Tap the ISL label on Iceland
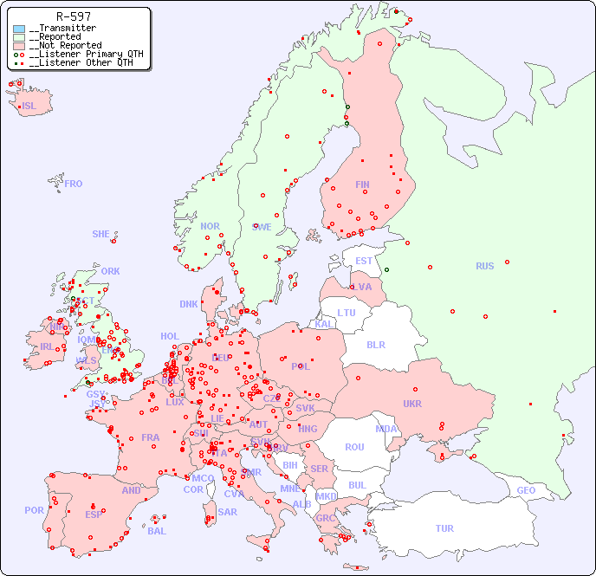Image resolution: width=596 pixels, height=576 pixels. click(x=29, y=107)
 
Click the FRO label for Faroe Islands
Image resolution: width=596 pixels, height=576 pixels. click(x=74, y=184)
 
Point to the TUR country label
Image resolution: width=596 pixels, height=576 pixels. click(x=444, y=528)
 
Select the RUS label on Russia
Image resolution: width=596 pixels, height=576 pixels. click(x=484, y=266)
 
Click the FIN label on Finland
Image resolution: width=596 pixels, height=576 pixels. click(x=362, y=184)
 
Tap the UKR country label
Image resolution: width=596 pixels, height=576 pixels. click(x=412, y=404)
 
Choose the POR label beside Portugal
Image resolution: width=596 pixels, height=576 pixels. click(x=34, y=510)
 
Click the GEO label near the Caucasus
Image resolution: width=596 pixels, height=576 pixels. click(x=526, y=490)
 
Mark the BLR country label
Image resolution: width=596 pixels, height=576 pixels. click(x=376, y=344)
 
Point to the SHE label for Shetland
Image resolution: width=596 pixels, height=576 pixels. click(x=101, y=234)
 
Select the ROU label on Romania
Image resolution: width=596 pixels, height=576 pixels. click(x=354, y=447)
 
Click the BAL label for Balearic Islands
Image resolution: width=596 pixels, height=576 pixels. click(x=157, y=531)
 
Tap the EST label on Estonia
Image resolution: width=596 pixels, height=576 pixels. click(x=364, y=261)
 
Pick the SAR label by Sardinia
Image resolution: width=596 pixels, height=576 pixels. click(x=228, y=511)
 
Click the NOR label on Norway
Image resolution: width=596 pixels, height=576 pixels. click(x=211, y=226)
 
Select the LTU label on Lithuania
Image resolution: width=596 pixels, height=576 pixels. click(x=347, y=313)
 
